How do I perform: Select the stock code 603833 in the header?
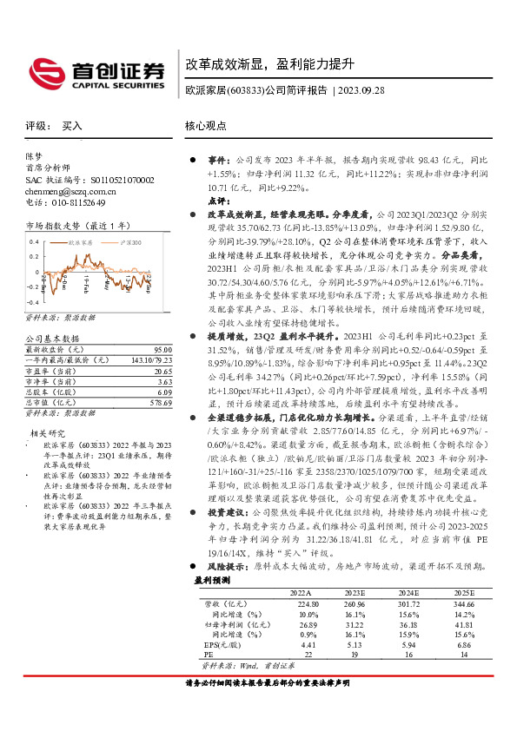pyautogui.click(x=248, y=90)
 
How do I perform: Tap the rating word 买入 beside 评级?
pyautogui.click(x=72, y=127)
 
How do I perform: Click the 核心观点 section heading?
pyautogui.click(x=206, y=126)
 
